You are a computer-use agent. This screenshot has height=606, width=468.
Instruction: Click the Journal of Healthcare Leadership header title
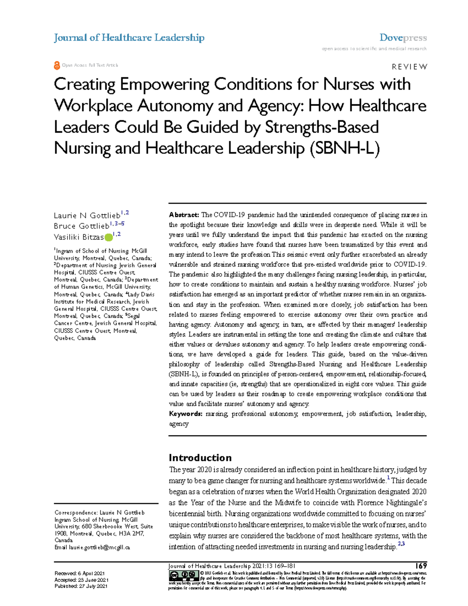(x=129, y=38)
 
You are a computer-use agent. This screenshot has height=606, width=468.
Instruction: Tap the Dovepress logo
(x=403, y=38)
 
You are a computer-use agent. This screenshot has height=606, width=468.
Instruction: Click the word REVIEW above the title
(x=409, y=67)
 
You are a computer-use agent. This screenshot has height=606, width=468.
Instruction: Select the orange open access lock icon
(x=57, y=66)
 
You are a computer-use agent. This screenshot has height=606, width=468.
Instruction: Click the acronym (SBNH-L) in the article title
(x=344, y=148)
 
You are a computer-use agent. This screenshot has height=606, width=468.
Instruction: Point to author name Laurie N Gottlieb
(x=87, y=215)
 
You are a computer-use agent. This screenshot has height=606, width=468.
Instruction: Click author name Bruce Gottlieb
(x=82, y=226)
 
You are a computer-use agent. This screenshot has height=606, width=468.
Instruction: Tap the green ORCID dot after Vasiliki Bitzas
(x=108, y=237)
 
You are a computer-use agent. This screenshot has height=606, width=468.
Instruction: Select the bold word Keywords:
(x=185, y=414)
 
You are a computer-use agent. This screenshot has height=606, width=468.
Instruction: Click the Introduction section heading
(x=200, y=458)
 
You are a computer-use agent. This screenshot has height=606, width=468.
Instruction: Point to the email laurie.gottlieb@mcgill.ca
(x=99, y=547)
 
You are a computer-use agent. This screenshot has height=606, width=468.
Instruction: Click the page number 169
(x=421, y=566)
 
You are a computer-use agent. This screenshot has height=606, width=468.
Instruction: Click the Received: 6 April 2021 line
(x=80, y=573)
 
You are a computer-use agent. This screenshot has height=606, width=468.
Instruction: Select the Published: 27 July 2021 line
(x=81, y=586)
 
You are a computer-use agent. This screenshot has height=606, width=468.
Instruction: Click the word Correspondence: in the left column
(x=76, y=512)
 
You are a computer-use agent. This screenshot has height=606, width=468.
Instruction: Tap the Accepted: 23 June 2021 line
(x=81, y=580)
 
